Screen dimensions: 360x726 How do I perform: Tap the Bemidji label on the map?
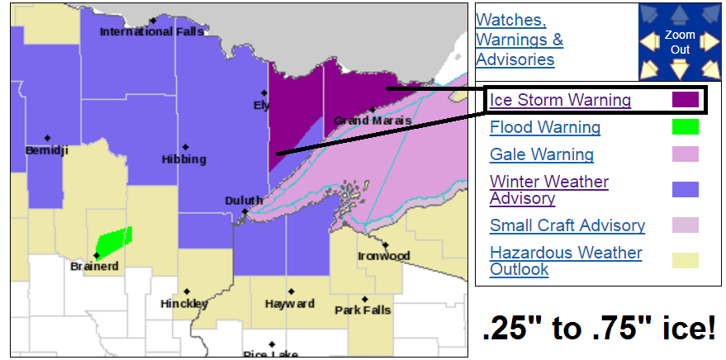(45, 150)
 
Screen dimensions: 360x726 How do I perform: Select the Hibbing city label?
(183, 159)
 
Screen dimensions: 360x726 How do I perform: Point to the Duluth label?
(244, 201)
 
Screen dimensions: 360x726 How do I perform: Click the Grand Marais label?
(372, 121)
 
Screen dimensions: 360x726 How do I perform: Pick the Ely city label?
(262, 105)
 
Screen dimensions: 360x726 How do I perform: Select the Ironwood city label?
(383, 256)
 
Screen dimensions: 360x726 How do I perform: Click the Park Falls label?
(363, 310)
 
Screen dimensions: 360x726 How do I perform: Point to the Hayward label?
(289, 304)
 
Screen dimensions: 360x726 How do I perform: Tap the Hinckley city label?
(184, 304)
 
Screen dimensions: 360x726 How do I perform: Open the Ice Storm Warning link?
(560, 101)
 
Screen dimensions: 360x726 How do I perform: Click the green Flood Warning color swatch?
(685, 127)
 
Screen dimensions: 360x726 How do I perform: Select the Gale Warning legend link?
(541, 154)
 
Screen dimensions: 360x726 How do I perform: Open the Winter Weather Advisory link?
(548, 190)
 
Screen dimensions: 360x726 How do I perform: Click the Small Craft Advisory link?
(567, 225)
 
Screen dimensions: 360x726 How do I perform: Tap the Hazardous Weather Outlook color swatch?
(685, 261)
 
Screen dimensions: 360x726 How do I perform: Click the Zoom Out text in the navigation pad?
(680, 42)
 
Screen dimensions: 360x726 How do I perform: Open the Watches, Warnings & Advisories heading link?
(520, 40)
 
